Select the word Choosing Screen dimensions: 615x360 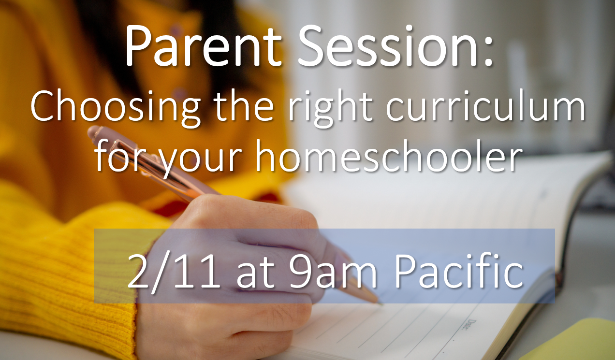tap(115, 107)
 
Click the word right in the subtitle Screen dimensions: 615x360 tap(330, 107)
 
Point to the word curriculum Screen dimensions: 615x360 tap(486, 105)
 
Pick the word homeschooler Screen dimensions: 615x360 tap(389, 156)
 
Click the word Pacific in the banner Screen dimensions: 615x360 tap(459, 270)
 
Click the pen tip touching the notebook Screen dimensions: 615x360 tap(381, 303)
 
